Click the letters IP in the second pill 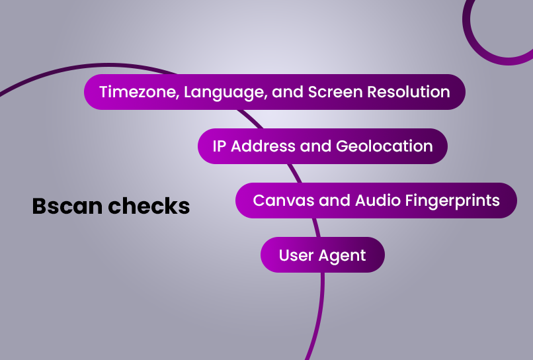point(220,146)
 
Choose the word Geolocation point(384,146)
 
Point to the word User point(296,255)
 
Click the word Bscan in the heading point(67,206)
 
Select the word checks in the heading point(149,206)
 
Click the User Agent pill point(323,255)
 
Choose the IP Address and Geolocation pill point(323,146)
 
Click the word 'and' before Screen point(288,92)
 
